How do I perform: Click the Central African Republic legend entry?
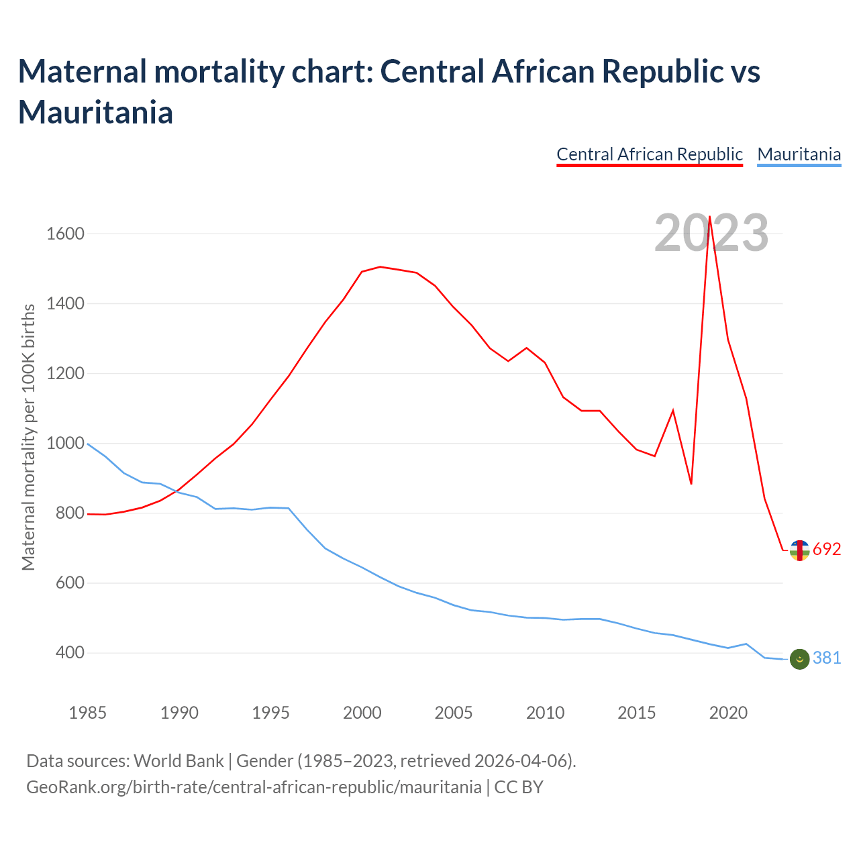pos(650,154)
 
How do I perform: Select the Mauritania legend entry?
pos(799,154)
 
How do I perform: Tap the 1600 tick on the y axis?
pos(65,234)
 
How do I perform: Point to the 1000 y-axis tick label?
pos(65,444)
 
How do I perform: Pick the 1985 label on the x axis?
pos(88,713)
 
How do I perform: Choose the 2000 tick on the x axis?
pos(362,713)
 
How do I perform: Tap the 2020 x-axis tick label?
pos(728,713)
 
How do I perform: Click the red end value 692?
pos(827,550)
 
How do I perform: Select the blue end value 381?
pos(827,658)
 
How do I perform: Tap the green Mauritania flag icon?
pos(799,659)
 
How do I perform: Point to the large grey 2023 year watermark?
pos(711,234)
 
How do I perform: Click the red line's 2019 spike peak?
pos(709,217)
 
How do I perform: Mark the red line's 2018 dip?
pos(691,484)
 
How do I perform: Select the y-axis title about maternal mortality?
pos(28,438)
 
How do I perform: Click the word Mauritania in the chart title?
pos(96,112)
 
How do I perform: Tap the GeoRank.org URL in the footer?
pos(254,787)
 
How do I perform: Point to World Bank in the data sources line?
pos(179,761)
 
